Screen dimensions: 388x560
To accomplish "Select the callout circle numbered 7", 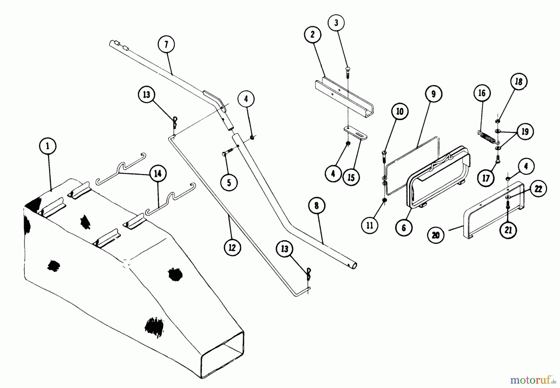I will tap(166, 44).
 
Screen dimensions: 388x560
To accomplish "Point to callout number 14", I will tap(158, 173).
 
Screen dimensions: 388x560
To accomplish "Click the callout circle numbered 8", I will tap(317, 206).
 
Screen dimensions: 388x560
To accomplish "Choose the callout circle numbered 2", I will tap(313, 35).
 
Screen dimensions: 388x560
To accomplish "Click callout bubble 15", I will tap(351, 177).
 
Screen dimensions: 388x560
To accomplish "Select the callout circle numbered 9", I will tap(433, 94).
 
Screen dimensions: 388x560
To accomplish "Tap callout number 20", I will tap(436, 235).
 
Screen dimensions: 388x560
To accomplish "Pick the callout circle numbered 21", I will tap(508, 230).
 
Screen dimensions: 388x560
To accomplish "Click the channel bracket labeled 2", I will tap(344, 97).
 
